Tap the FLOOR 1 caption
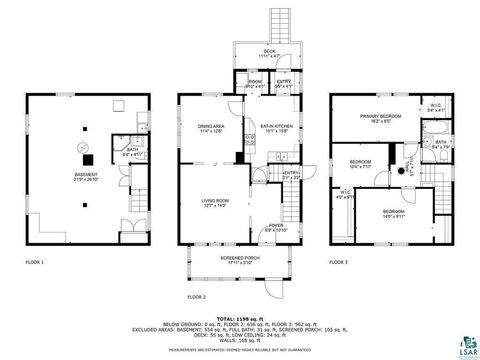(35, 262)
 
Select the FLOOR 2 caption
(196, 297)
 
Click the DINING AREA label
(210, 128)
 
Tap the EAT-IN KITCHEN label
(275, 128)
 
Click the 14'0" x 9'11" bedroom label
(392, 213)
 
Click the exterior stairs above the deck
(277, 25)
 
